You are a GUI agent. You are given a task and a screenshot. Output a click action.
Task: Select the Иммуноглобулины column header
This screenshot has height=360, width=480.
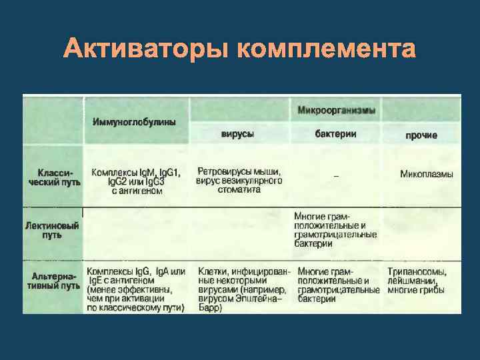(x=134, y=122)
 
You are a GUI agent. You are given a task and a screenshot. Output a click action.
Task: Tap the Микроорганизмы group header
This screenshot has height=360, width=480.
(x=335, y=109)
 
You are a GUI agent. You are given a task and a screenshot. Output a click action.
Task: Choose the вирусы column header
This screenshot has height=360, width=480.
(x=237, y=134)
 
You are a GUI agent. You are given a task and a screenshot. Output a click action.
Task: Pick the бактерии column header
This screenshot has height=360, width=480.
(x=335, y=134)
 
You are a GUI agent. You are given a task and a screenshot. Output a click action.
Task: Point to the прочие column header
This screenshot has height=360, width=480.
(x=421, y=135)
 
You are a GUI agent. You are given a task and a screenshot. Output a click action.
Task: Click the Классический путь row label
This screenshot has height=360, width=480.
(x=54, y=176)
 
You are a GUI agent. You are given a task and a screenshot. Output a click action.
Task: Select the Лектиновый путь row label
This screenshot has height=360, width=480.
(x=52, y=231)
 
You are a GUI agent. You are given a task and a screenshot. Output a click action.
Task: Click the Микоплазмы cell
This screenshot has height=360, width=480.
(x=426, y=174)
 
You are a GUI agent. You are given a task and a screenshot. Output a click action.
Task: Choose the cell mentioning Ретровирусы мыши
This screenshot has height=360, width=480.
(x=239, y=180)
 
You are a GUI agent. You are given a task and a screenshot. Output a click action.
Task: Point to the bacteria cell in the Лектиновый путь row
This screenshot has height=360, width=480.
(x=335, y=230)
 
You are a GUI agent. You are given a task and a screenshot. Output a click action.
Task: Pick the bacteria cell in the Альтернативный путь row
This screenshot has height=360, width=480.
(x=338, y=286)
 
